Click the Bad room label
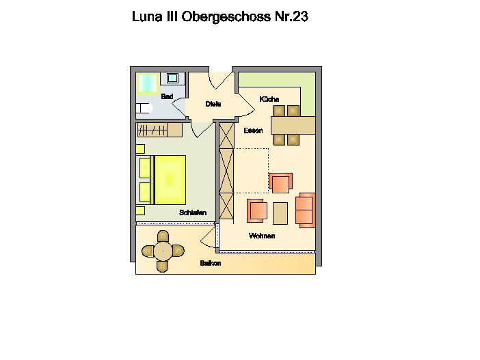point(167,97)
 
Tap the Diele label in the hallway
point(213,105)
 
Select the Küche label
point(269,100)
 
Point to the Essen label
point(253,130)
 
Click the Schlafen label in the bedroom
point(193,213)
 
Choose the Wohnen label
point(262,236)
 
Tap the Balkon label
point(211,263)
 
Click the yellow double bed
point(168,179)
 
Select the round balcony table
point(163,250)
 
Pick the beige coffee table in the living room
point(280,213)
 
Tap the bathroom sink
point(172,78)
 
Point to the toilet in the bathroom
point(143,108)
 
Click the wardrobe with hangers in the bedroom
point(159,130)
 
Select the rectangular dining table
point(293,125)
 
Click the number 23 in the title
point(299,17)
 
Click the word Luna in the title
point(147,17)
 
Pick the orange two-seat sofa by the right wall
point(306,209)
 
